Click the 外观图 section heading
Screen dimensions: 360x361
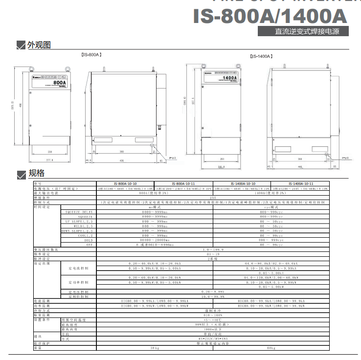point(39,45)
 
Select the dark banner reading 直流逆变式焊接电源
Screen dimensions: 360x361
point(304,31)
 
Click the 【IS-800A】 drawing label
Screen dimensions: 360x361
point(91,55)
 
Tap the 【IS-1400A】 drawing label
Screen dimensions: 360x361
point(261,56)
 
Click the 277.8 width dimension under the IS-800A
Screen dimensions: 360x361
point(49,160)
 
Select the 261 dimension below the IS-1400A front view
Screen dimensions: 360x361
point(222,159)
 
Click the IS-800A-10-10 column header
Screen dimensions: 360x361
point(124,183)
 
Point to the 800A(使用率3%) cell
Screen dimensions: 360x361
point(155,193)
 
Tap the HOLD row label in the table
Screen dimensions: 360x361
point(88,240)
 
